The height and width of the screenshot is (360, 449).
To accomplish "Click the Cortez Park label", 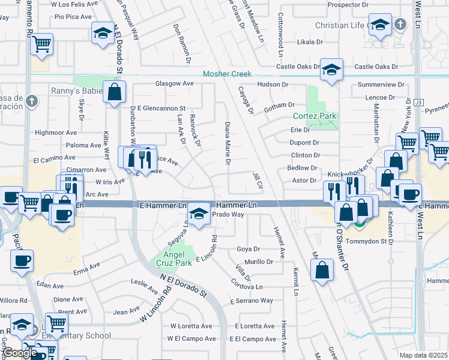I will [315, 116].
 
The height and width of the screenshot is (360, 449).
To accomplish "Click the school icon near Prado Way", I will [199, 212].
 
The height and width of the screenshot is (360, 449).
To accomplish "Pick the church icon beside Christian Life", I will [400, 25].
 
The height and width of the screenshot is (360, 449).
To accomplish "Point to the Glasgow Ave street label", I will [175, 83].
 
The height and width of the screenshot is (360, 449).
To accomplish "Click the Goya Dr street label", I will [248, 248].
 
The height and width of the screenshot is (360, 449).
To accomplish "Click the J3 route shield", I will [419, 103].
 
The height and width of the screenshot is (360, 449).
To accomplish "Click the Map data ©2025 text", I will [424, 355].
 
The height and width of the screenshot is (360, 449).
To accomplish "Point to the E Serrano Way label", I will [252, 301].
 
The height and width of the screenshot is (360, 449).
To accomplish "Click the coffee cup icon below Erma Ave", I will [22, 260].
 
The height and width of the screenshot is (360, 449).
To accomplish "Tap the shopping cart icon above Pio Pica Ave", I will [41, 43].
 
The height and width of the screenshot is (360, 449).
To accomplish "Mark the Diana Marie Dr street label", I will [228, 143].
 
